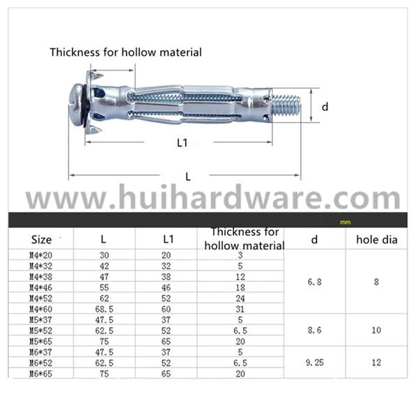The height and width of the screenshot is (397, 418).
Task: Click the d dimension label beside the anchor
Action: [x=325, y=107]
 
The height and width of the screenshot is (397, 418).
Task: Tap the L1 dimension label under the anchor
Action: [x=183, y=143]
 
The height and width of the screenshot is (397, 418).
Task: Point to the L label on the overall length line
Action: [x=188, y=177]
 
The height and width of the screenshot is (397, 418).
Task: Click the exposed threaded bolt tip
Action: [x=286, y=106]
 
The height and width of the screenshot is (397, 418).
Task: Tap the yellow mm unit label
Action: [x=346, y=222]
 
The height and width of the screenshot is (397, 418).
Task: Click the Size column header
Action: [x=41, y=240]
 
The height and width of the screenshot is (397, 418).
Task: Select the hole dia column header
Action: [x=377, y=240]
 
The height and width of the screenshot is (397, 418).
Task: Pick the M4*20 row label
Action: [x=40, y=255]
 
